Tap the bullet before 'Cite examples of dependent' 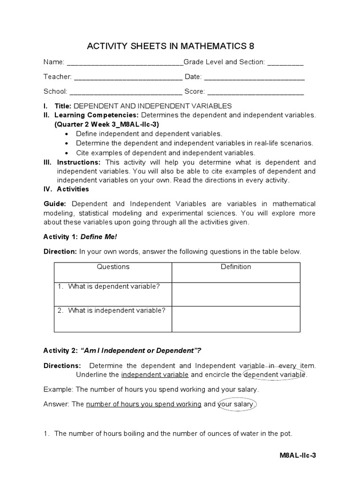[66, 153]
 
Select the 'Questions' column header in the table [113, 267]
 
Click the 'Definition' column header [236, 267]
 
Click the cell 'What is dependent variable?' [113, 286]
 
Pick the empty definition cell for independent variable [236, 319]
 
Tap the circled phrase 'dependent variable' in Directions [275, 375]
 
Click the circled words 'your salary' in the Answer [237, 404]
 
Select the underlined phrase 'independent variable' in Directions [155, 375]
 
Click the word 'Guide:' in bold [56, 204]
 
